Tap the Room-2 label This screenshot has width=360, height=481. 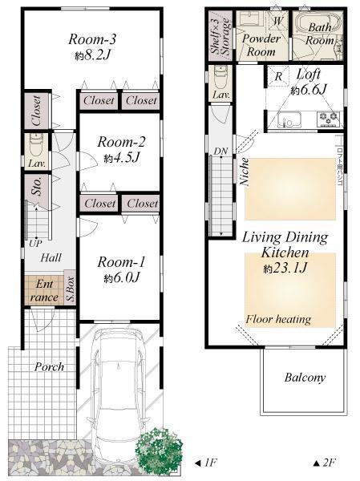[x=119, y=142]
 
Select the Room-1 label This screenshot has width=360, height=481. [x=119, y=262]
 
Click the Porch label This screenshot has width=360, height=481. [x=51, y=366]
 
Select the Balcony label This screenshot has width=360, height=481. [x=305, y=378]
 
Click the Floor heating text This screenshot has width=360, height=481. [x=277, y=319]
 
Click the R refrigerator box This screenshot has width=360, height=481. [x=277, y=77]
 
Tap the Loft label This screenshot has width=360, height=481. [x=309, y=75]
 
